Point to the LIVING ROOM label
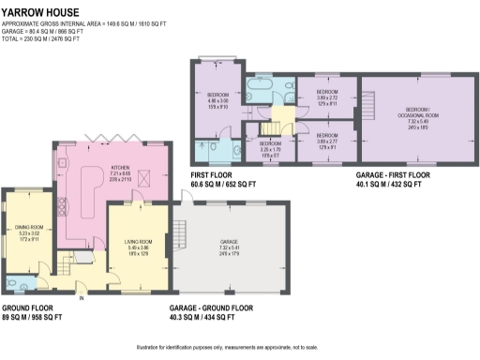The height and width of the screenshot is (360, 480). [139, 245]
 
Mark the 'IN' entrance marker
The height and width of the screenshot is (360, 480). [82, 299]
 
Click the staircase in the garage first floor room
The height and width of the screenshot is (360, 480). [370, 100]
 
